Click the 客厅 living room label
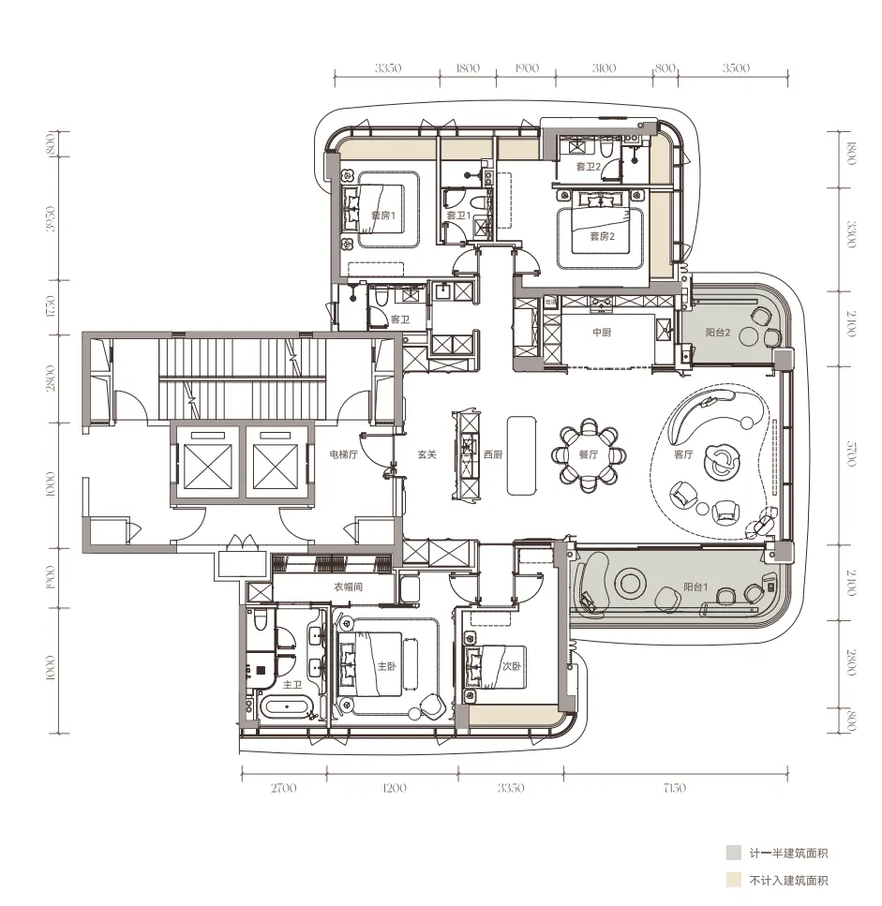pyautogui.click(x=683, y=454)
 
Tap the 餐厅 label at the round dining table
pyautogui.click(x=589, y=454)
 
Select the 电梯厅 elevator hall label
pyautogui.click(x=343, y=454)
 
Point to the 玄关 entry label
pyautogui.click(x=426, y=454)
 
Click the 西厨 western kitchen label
pyautogui.click(x=493, y=454)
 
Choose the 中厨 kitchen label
pyautogui.click(x=602, y=333)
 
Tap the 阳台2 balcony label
pyautogui.click(x=718, y=333)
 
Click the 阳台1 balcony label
pyautogui.click(x=695, y=587)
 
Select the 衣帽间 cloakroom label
pyautogui.click(x=348, y=587)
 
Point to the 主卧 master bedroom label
pyautogui.click(x=387, y=666)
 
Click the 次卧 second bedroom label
pyautogui.click(x=511, y=666)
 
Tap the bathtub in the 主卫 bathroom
pyautogui.click(x=286, y=707)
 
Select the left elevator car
pyautogui.click(x=206, y=467)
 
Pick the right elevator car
pyautogui.click(x=277, y=467)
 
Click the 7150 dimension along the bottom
pyautogui.click(x=675, y=788)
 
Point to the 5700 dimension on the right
pyautogui.click(x=851, y=453)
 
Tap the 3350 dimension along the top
pyautogui.click(x=388, y=68)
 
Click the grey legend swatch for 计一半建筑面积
pyautogui.click(x=734, y=853)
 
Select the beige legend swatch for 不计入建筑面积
pyautogui.click(x=734, y=881)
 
